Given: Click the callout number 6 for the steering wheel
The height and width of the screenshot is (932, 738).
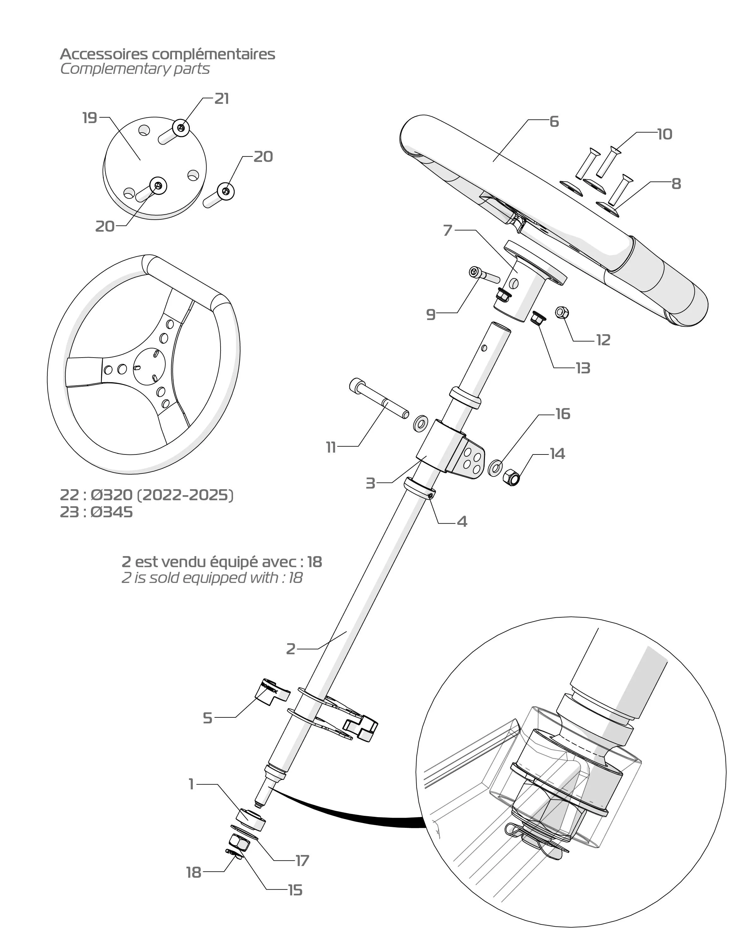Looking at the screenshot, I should point(554,122).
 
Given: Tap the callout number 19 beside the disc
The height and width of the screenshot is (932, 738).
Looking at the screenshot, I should point(90,118).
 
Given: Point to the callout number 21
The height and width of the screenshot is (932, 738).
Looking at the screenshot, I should point(222,99).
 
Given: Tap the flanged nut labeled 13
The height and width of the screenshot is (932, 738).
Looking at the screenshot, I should point(538,319).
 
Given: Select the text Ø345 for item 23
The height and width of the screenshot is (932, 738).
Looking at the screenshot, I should point(112,512).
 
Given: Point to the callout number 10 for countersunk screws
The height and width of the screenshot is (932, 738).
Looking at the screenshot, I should point(664,134).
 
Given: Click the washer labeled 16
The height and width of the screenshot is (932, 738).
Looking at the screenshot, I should point(495,467).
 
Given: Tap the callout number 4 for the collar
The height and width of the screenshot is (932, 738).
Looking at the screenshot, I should point(462,522).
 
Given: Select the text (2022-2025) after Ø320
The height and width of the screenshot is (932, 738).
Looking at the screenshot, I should point(185,495).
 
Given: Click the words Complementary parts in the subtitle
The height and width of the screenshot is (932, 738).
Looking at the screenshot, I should point(135,69).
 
